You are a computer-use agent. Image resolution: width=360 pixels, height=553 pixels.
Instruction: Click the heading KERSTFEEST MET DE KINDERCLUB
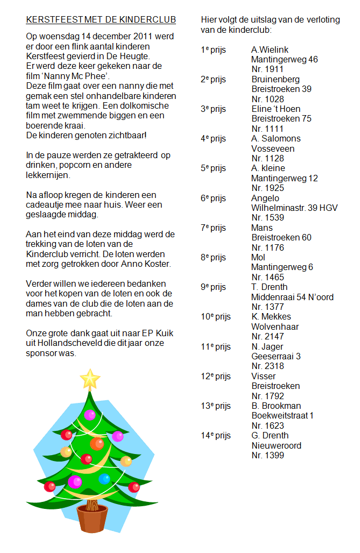(x=101, y=20)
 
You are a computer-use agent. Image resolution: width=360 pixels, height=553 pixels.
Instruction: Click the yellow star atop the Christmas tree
(x=90, y=379)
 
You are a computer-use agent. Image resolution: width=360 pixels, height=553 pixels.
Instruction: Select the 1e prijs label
(x=213, y=50)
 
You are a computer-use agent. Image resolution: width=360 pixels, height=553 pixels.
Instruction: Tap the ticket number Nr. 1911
(x=267, y=69)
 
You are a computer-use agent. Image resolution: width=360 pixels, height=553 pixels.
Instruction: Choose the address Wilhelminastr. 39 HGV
(x=294, y=208)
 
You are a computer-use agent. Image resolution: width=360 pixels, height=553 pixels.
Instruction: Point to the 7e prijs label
(x=213, y=228)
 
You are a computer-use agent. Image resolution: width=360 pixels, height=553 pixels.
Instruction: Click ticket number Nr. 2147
(x=267, y=336)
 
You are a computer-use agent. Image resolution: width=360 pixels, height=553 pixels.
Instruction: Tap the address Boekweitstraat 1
(x=283, y=415)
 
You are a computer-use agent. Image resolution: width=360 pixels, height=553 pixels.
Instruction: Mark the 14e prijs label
(x=216, y=435)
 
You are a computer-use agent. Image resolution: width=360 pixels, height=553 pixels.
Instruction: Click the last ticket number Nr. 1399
(x=267, y=455)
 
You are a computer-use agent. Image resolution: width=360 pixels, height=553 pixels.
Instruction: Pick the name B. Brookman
(x=276, y=406)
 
